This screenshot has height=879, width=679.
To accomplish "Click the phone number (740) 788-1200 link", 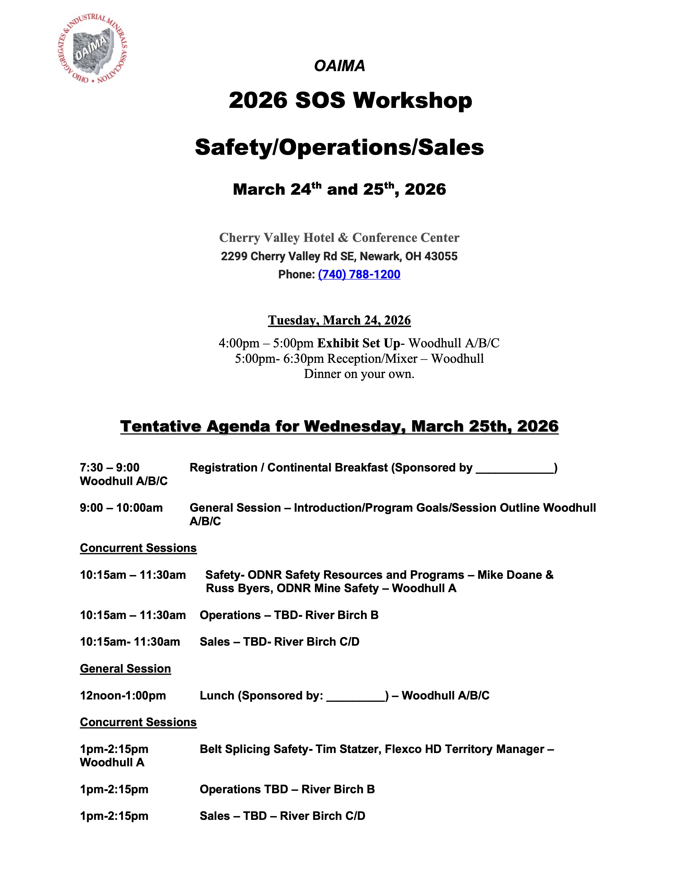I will [x=359, y=274].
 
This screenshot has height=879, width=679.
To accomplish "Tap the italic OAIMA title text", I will [x=339, y=66].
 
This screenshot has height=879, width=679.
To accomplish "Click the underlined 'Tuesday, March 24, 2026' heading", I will [x=339, y=320].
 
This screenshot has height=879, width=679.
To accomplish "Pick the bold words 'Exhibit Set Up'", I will [x=358, y=343].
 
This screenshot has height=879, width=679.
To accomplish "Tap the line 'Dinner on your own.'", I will [x=359, y=374].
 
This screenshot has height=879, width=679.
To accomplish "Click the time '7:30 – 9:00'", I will [x=109, y=468].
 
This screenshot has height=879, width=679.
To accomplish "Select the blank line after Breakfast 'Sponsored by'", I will [x=514, y=469].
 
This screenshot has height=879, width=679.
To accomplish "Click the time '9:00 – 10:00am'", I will [x=121, y=508].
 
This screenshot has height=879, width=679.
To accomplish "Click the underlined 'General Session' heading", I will [x=125, y=669].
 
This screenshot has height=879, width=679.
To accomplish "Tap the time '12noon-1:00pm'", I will [x=123, y=695].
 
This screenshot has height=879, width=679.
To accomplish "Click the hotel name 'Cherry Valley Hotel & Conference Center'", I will [x=339, y=238].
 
